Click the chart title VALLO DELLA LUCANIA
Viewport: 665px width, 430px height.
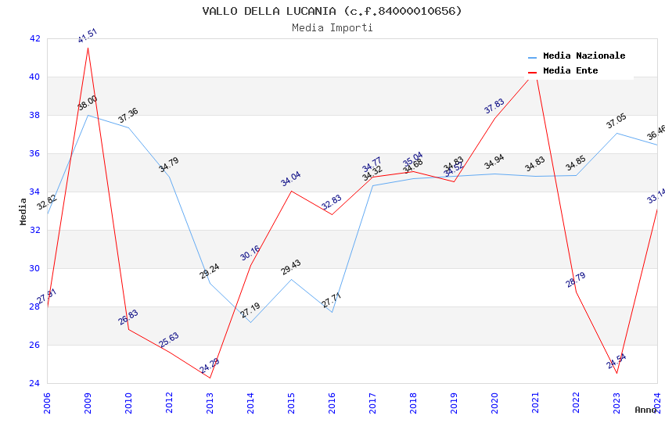pyautogui.click(x=332, y=11)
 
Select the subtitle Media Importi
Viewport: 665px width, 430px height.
pyautogui.click(x=332, y=27)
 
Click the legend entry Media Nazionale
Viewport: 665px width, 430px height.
pyautogui.click(x=584, y=56)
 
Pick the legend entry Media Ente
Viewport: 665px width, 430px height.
pyautogui.click(x=570, y=70)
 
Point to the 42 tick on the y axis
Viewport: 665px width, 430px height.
pyautogui.click(x=34, y=38)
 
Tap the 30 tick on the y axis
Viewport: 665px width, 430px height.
pyautogui.click(x=34, y=268)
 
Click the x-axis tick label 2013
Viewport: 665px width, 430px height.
pyautogui.click(x=210, y=403)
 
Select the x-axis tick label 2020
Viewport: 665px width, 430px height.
pyautogui.click(x=494, y=403)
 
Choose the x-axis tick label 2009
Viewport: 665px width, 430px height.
pyautogui.click(x=88, y=403)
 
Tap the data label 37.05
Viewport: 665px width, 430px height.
pyautogui.click(x=616, y=121)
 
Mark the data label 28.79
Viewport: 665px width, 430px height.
pyautogui.click(x=576, y=280)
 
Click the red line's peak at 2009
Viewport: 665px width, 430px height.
pyautogui.click(x=88, y=48)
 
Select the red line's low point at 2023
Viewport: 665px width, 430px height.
pyautogui.click(x=616, y=373)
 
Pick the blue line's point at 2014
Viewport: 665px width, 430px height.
pyautogui.click(x=250, y=322)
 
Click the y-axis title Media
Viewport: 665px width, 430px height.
pyautogui.click(x=23, y=211)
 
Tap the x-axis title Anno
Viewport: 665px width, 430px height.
pyautogui.click(x=645, y=410)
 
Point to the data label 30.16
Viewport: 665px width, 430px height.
pyautogui.click(x=250, y=253)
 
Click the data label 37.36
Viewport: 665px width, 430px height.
pyautogui.click(x=128, y=115)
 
